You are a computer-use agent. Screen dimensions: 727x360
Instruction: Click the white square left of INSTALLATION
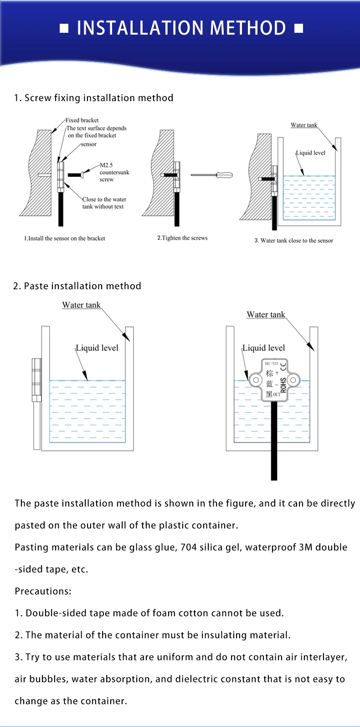click(x=64, y=29)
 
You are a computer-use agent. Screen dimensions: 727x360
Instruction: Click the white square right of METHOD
click(x=298, y=29)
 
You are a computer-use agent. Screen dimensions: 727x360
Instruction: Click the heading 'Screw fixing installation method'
click(x=98, y=98)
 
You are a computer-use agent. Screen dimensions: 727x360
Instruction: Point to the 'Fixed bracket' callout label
click(x=82, y=120)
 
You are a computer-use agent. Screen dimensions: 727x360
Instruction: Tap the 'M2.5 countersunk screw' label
click(x=114, y=172)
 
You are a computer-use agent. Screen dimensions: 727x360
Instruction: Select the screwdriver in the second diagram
click(x=212, y=175)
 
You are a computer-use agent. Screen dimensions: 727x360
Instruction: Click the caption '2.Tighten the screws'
click(x=182, y=238)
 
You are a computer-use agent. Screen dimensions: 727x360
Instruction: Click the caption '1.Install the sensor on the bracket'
click(x=64, y=238)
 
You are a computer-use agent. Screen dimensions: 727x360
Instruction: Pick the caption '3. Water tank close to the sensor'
click(x=293, y=241)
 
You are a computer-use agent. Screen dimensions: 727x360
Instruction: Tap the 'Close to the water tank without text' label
click(x=104, y=203)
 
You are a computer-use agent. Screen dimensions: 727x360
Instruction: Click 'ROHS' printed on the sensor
click(x=283, y=385)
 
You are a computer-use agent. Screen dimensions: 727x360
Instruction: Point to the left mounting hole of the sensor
click(x=256, y=380)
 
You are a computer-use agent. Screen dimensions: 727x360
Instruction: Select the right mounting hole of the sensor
click(x=293, y=380)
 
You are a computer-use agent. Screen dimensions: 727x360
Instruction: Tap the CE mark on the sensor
click(x=283, y=365)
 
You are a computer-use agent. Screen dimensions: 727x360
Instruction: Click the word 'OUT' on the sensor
click(x=277, y=394)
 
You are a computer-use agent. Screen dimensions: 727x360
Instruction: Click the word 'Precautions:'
click(x=43, y=591)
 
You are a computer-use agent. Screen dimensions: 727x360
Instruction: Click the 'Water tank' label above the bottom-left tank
click(x=81, y=305)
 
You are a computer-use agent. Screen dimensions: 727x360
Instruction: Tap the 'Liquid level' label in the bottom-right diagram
click(x=263, y=348)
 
